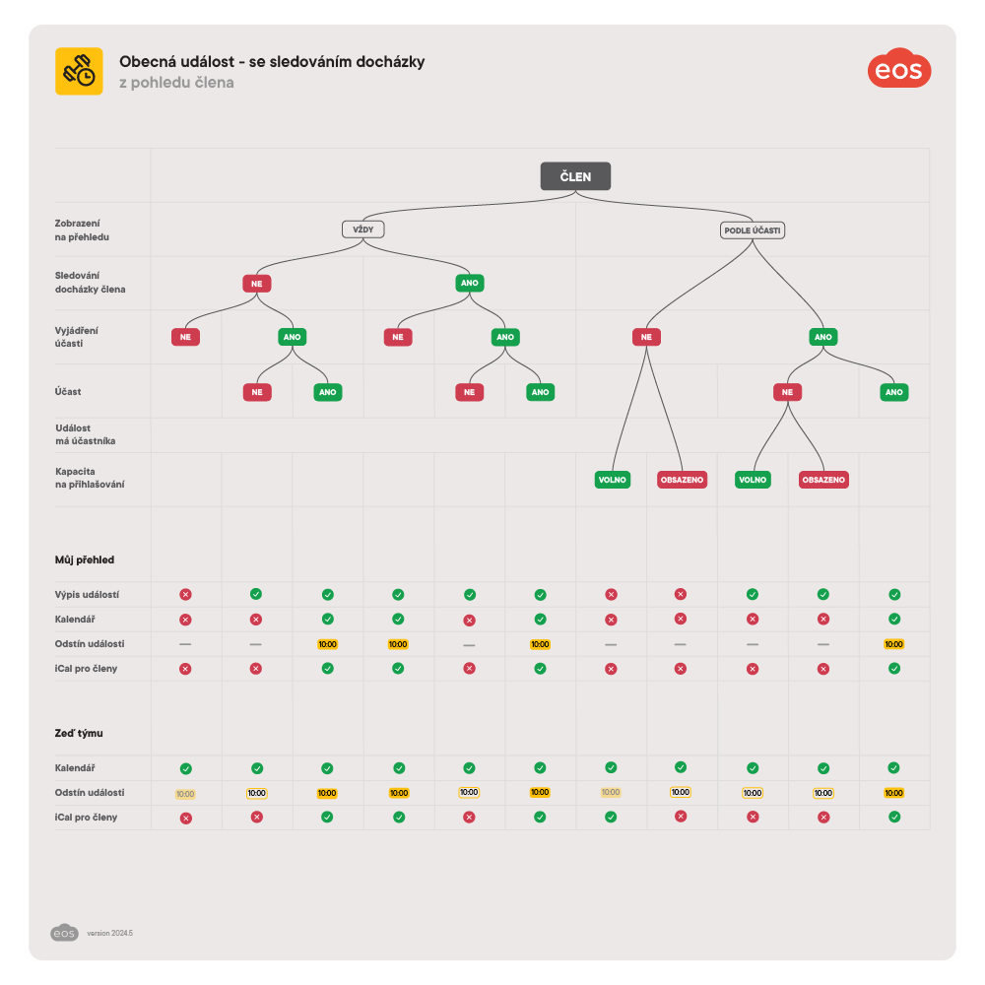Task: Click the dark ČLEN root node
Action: coord(575,176)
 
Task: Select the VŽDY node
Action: coord(362,230)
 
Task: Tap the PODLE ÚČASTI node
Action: coord(753,230)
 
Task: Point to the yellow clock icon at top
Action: coord(79,71)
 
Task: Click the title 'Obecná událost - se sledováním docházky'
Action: coord(272,62)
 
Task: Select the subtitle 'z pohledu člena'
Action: coord(176,83)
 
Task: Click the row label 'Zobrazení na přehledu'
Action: coord(82,230)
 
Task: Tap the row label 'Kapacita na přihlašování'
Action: coord(89,479)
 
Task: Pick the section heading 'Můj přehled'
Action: coord(85,559)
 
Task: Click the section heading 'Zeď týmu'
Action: coord(79,733)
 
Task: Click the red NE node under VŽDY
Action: coord(256,284)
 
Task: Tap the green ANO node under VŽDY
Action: coord(469,284)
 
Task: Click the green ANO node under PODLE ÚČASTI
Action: coord(823,337)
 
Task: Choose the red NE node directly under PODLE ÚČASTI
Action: coord(646,337)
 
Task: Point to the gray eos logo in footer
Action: coord(64,932)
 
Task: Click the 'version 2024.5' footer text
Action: coord(109,933)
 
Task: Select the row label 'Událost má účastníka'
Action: coord(85,434)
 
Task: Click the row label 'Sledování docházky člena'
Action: coord(90,283)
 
